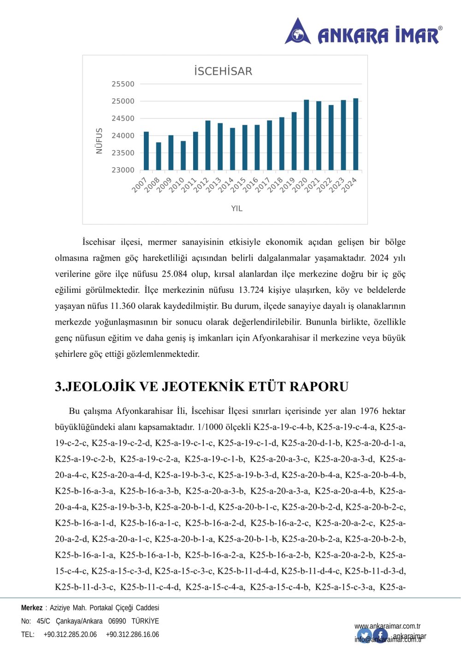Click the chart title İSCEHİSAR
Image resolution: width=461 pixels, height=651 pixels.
223,71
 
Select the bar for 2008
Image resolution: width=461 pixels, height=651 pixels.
159,156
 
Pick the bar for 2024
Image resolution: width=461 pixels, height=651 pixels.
356,134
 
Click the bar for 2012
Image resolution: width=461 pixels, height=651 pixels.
208,145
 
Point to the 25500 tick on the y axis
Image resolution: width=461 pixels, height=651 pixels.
123,84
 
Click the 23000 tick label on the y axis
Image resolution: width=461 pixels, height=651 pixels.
123,170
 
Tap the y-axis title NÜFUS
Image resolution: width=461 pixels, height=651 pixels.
99,141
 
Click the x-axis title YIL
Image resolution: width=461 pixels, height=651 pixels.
237,209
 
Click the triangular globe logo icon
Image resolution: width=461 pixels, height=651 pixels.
298,32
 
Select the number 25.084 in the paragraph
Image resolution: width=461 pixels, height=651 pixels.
174,274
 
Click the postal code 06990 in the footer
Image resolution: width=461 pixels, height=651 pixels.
117,621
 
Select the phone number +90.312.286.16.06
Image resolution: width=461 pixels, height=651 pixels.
132,634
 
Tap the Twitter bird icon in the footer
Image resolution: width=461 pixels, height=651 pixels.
364,636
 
